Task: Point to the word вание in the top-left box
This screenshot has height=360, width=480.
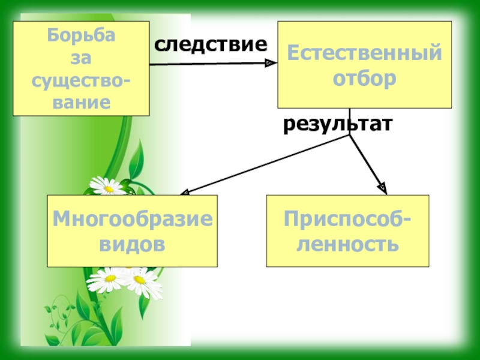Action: pos(82,101)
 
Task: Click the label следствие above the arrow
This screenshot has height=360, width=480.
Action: pos(211,44)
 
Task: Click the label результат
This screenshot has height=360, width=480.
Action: pos(338,124)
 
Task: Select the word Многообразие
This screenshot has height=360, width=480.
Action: pos(133,219)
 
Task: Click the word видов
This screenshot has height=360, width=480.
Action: pos(133,244)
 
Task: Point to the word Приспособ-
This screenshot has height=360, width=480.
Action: pos(348,219)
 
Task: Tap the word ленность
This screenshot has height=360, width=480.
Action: pos(348,244)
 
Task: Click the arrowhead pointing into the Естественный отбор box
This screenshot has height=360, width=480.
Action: pos(271,62)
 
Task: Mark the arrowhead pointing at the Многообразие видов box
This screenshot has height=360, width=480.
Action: pos(185,192)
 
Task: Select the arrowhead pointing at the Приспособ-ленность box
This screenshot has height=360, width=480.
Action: pos(383,189)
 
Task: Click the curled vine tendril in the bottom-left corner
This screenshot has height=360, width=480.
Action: pos(58,312)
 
